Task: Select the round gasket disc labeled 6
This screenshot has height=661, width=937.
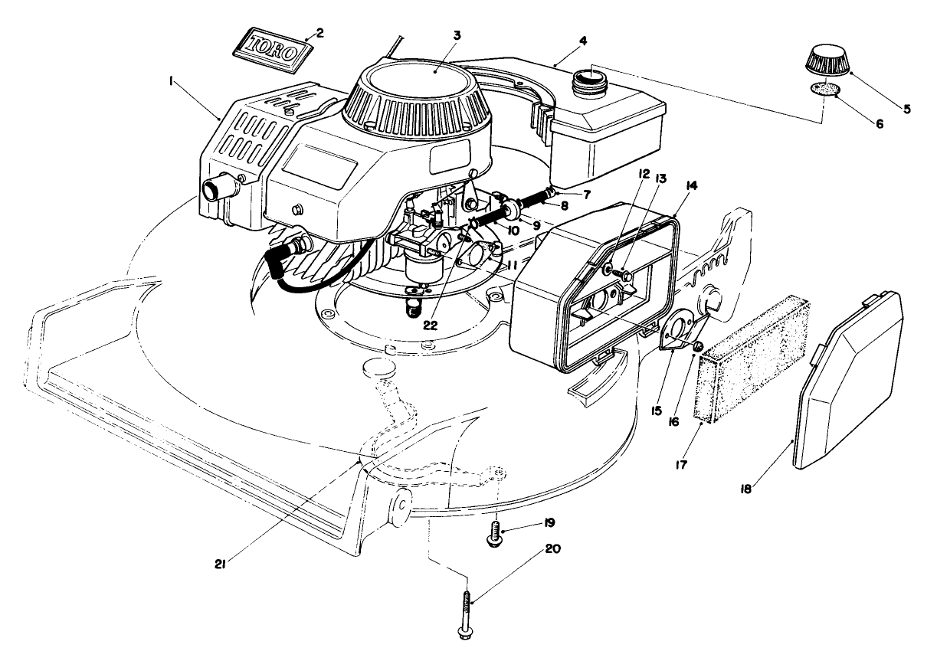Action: pyautogui.click(x=823, y=89)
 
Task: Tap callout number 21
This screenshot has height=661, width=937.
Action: pyautogui.click(x=219, y=564)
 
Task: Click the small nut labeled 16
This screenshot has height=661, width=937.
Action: pyautogui.click(x=698, y=348)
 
